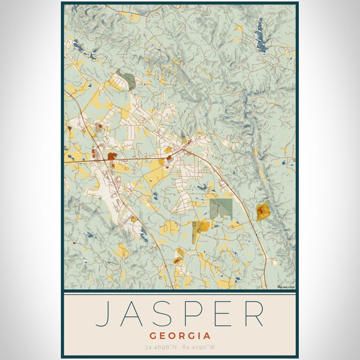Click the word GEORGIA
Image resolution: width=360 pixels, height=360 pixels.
[x=180, y=336]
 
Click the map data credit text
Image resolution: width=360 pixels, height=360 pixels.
[x=286, y=287]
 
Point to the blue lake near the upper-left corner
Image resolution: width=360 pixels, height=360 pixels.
[x=80, y=47]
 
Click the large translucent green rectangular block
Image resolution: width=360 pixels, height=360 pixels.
[x=221, y=208]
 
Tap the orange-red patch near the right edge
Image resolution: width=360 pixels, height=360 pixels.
[x=262, y=211]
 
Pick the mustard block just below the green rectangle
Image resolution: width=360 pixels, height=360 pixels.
[x=203, y=226]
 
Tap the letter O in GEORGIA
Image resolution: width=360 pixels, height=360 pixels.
[x=171, y=336]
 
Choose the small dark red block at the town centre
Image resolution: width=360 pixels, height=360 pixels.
[x=169, y=157]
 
